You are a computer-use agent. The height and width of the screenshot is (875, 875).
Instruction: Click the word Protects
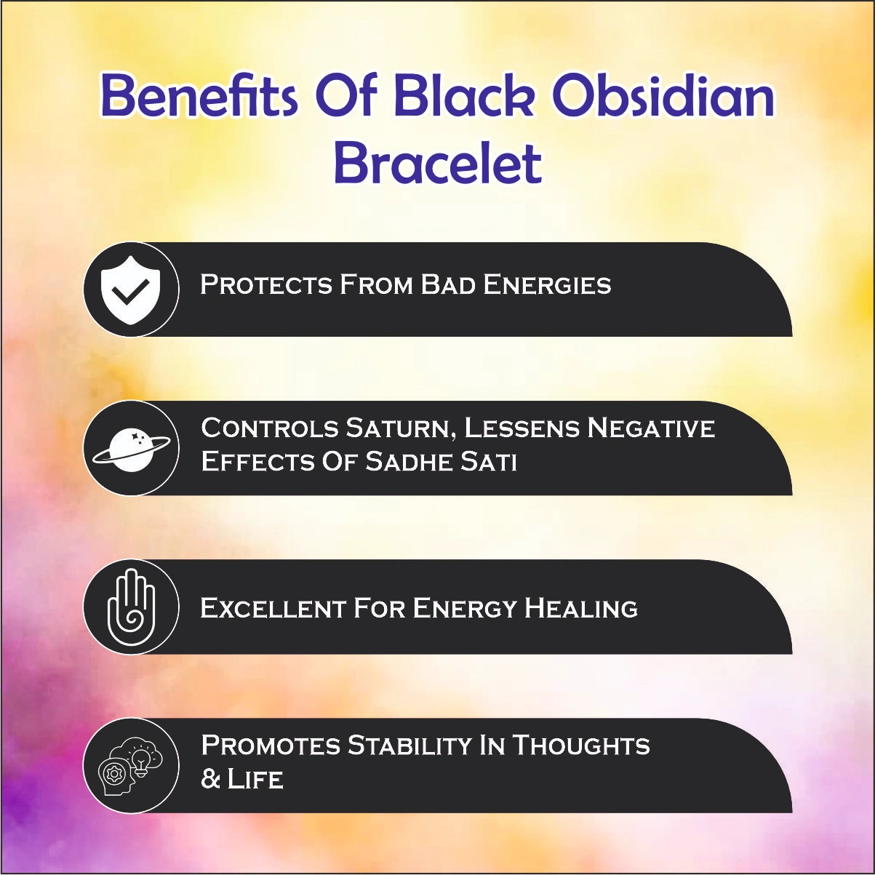(x=266, y=284)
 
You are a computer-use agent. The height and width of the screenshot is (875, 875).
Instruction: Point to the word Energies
(x=547, y=284)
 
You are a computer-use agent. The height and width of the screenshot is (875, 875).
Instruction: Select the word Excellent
(x=272, y=607)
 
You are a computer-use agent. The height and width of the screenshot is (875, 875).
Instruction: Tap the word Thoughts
(x=581, y=746)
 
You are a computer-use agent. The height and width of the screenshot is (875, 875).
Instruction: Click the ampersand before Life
(x=210, y=780)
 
